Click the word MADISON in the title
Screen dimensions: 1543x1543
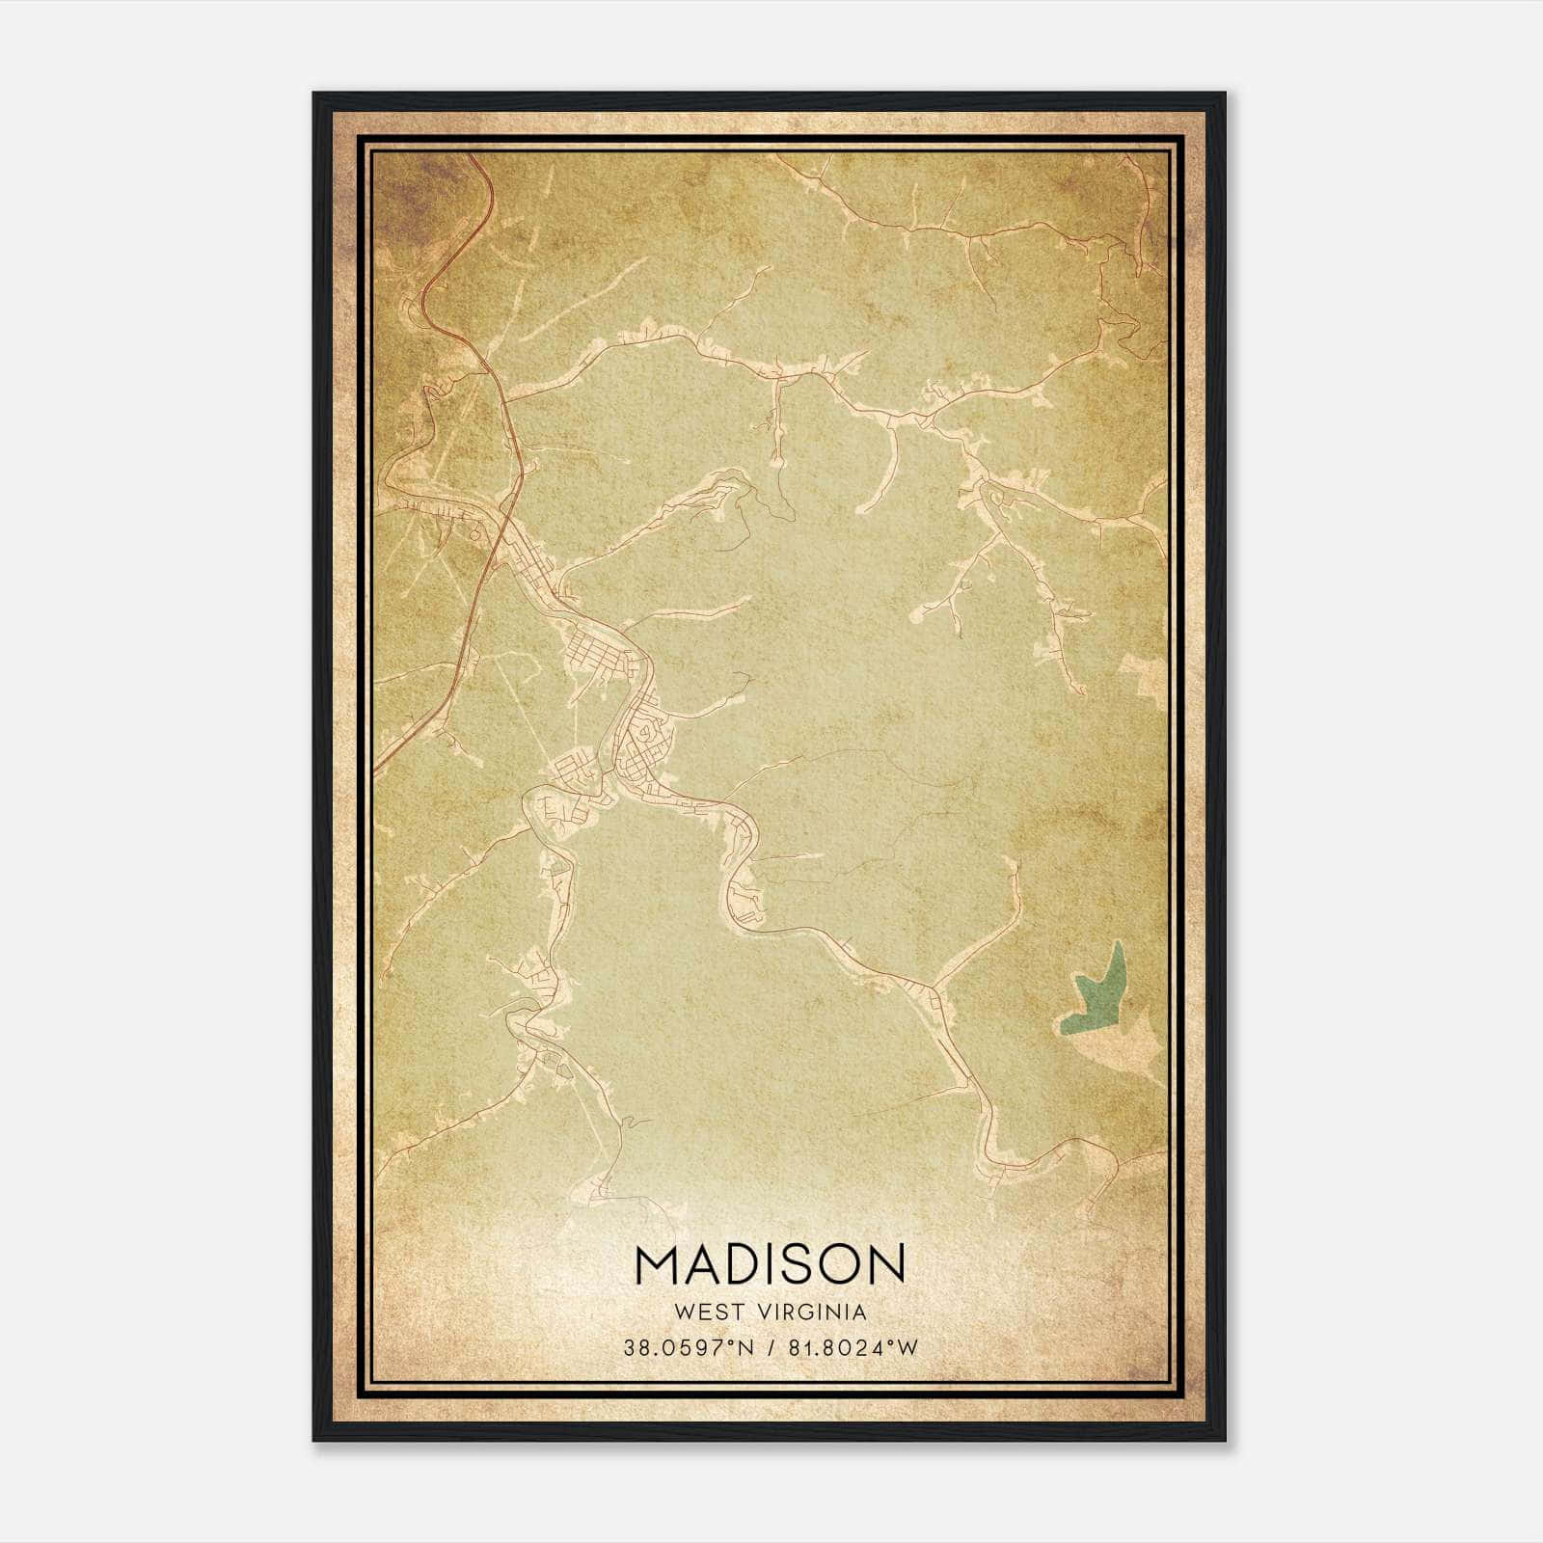click(771, 1264)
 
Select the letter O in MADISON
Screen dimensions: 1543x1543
click(837, 1264)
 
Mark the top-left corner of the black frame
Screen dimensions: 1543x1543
click(314, 94)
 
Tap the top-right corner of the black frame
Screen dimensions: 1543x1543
click(1225, 94)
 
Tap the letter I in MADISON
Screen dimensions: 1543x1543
click(767, 1264)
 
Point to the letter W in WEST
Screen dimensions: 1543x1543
click(685, 1313)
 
